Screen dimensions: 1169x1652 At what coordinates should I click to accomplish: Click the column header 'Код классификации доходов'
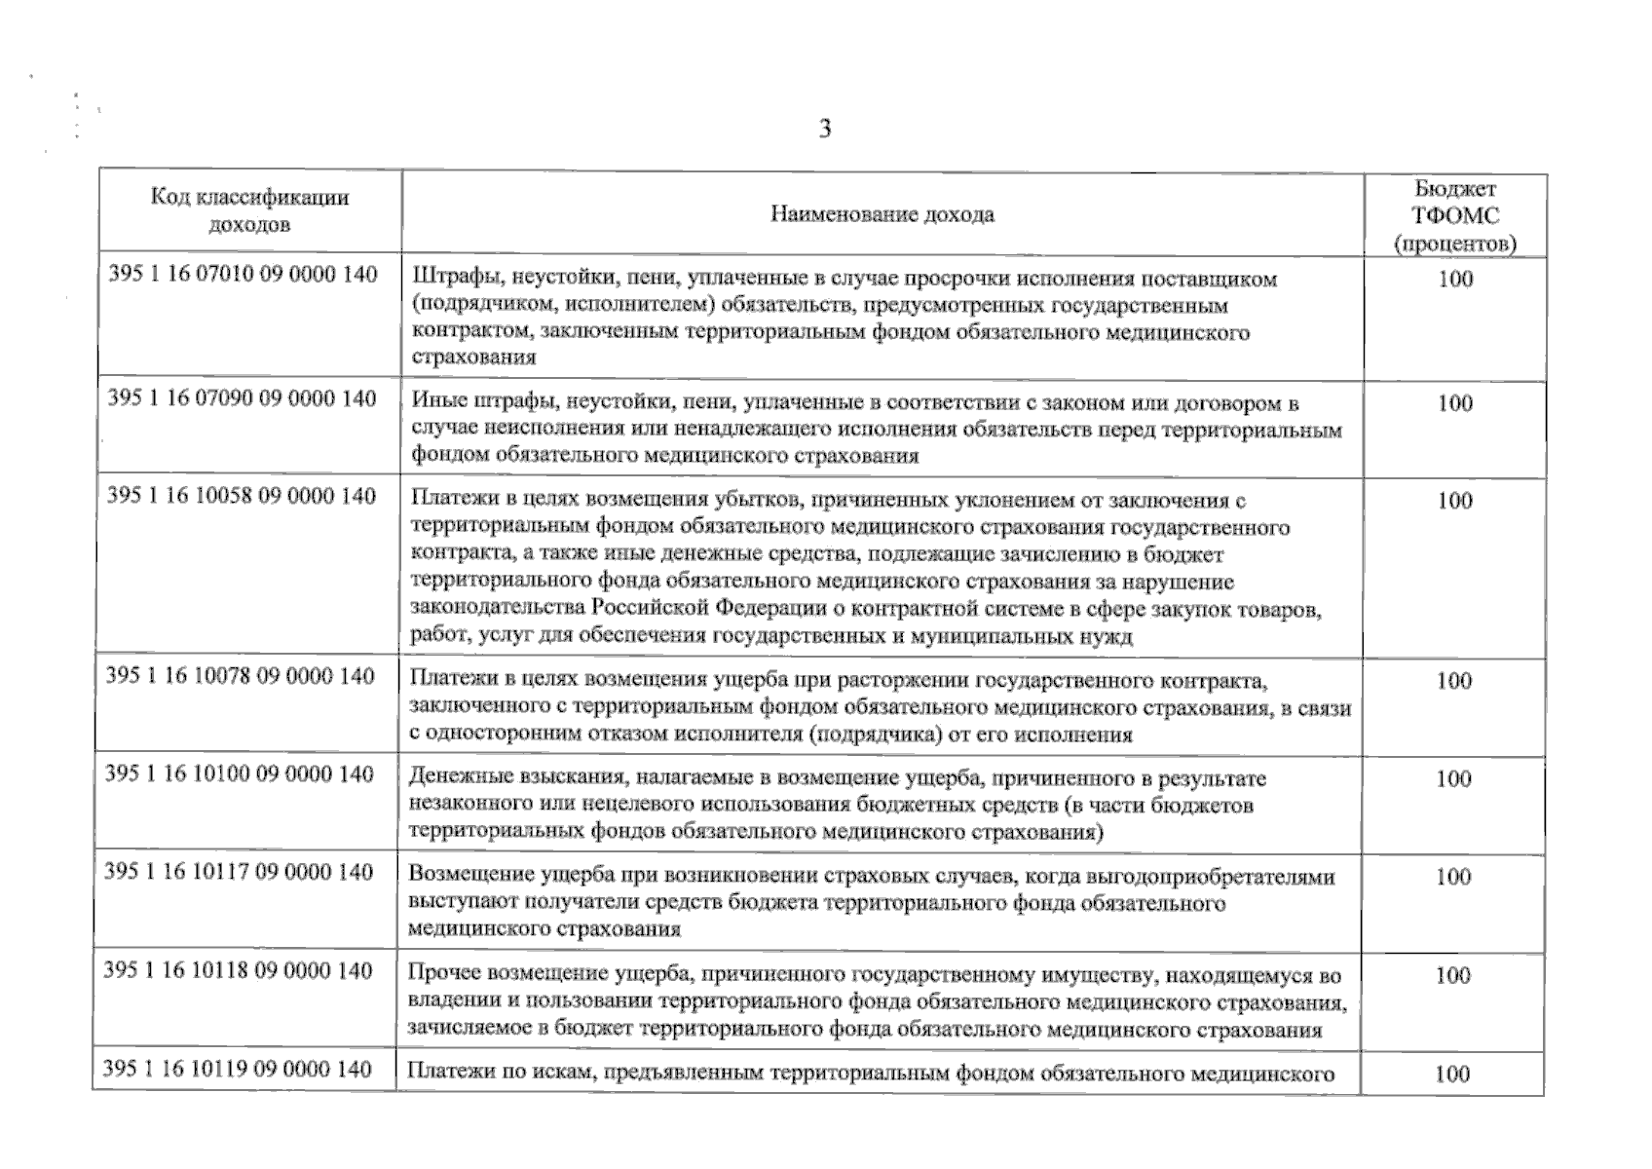pyautogui.click(x=249, y=210)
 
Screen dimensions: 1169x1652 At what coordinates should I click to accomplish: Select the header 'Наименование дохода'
pyautogui.click(x=882, y=214)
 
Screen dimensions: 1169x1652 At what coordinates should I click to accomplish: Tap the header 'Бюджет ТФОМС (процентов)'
pyautogui.click(x=1455, y=216)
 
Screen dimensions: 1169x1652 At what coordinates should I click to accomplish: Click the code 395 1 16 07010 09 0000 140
pyautogui.click(x=243, y=275)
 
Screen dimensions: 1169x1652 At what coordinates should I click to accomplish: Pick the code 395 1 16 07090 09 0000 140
pyautogui.click(x=242, y=398)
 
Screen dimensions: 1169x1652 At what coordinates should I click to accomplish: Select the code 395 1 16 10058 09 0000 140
pyautogui.click(x=242, y=496)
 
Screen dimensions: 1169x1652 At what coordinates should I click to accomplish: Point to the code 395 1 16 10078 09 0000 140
pyautogui.click(x=240, y=676)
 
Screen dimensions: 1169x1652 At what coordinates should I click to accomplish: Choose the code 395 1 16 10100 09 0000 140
pyautogui.click(x=240, y=774)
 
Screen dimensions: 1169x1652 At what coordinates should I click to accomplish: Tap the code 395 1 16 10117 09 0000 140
pyautogui.click(x=239, y=872)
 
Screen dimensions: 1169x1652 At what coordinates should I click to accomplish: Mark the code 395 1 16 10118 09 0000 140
pyautogui.click(x=238, y=971)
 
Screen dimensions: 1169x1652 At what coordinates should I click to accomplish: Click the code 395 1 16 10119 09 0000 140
pyautogui.click(x=238, y=1070)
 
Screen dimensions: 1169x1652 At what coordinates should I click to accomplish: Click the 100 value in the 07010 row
pyautogui.click(x=1455, y=280)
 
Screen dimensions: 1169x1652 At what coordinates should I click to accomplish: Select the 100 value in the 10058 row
pyautogui.click(x=1454, y=501)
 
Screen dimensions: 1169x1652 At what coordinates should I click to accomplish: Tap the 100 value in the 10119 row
pyautogui.click(x=1451, y=1075)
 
